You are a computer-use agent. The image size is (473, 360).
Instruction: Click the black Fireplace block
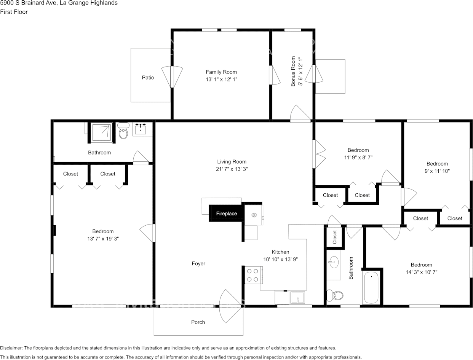(226, 213)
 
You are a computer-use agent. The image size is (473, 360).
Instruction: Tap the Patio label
(148, 78)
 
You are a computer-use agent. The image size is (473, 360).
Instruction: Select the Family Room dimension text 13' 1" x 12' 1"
(221, 79)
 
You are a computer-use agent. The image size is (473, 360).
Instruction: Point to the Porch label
(198, 322)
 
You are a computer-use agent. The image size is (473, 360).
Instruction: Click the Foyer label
(198, 264)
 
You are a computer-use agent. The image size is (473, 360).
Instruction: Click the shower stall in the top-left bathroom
(101, 132)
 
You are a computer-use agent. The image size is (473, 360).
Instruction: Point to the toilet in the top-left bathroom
(123, 132)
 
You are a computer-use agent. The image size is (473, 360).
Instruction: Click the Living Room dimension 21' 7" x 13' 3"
(232, 169)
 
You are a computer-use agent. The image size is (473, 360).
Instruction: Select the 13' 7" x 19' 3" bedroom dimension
(103, 239)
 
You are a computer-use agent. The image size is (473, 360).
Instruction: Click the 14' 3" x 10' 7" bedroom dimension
(421, 272)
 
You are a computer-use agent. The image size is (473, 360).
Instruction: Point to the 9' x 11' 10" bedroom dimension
(437, 171)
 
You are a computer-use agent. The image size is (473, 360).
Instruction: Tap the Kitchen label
(280, 252)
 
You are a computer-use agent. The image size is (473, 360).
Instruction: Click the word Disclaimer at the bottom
(11, 348)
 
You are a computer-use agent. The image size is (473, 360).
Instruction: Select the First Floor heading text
(14, 12)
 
